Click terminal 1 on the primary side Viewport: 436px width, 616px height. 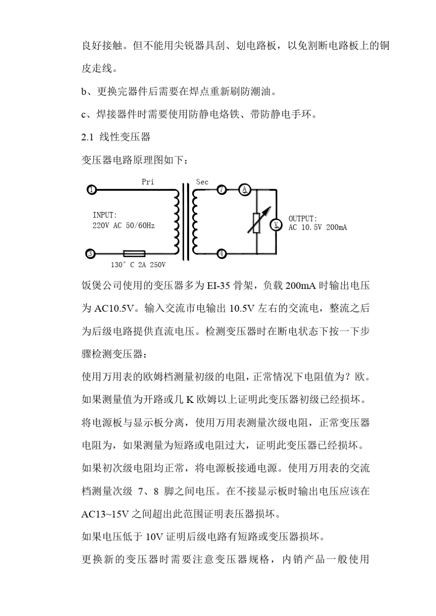click(x=92, y=189)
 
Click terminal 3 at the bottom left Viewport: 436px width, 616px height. click(x=91, y=253)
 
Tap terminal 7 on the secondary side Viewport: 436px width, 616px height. click(x=222, y=189)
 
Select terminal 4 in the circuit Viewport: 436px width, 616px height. click(x=222, y=253)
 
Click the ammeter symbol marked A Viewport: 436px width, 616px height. click(x=245, y=189)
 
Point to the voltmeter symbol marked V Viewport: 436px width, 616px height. click(x=276, y=224)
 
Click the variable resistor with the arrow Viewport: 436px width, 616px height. click(x=256, y=223)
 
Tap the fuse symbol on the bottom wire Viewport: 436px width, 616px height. click(x=134, y=253)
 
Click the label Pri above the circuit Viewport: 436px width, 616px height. click(x=148, y=182)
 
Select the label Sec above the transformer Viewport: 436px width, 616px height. click(x=202, y=182)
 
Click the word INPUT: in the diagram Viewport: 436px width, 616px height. click(x=105, y=215)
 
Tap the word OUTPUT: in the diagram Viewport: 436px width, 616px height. click(x=302, y=219)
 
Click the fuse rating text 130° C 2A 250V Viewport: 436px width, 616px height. click(x=138, y=265)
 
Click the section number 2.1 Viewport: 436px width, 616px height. click(x=87, y=137)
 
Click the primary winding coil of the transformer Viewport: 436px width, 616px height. click(x=177, y=221)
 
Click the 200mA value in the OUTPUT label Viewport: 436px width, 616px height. click(x=336, y=228)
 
